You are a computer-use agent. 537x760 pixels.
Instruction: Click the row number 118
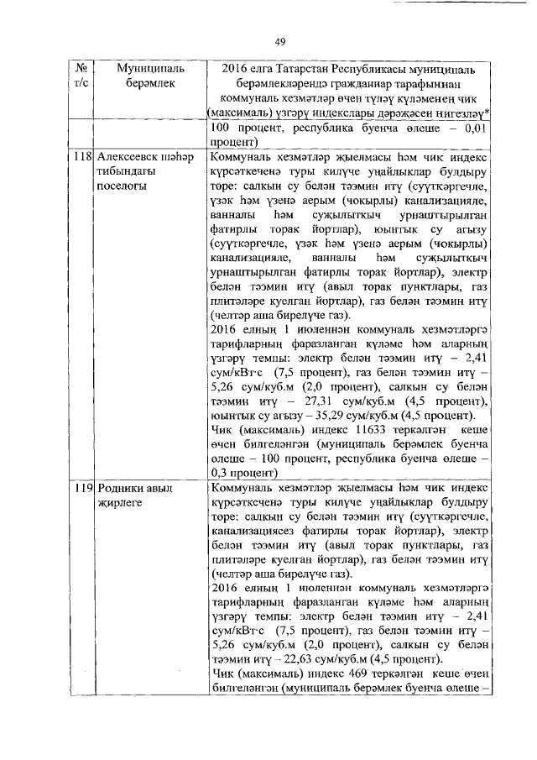(x=81, y=157)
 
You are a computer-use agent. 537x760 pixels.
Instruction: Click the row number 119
(x=81, y=489)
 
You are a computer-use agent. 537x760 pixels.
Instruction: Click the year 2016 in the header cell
(x=236, y=68)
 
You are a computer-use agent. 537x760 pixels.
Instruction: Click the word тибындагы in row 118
(x=128, y=172)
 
